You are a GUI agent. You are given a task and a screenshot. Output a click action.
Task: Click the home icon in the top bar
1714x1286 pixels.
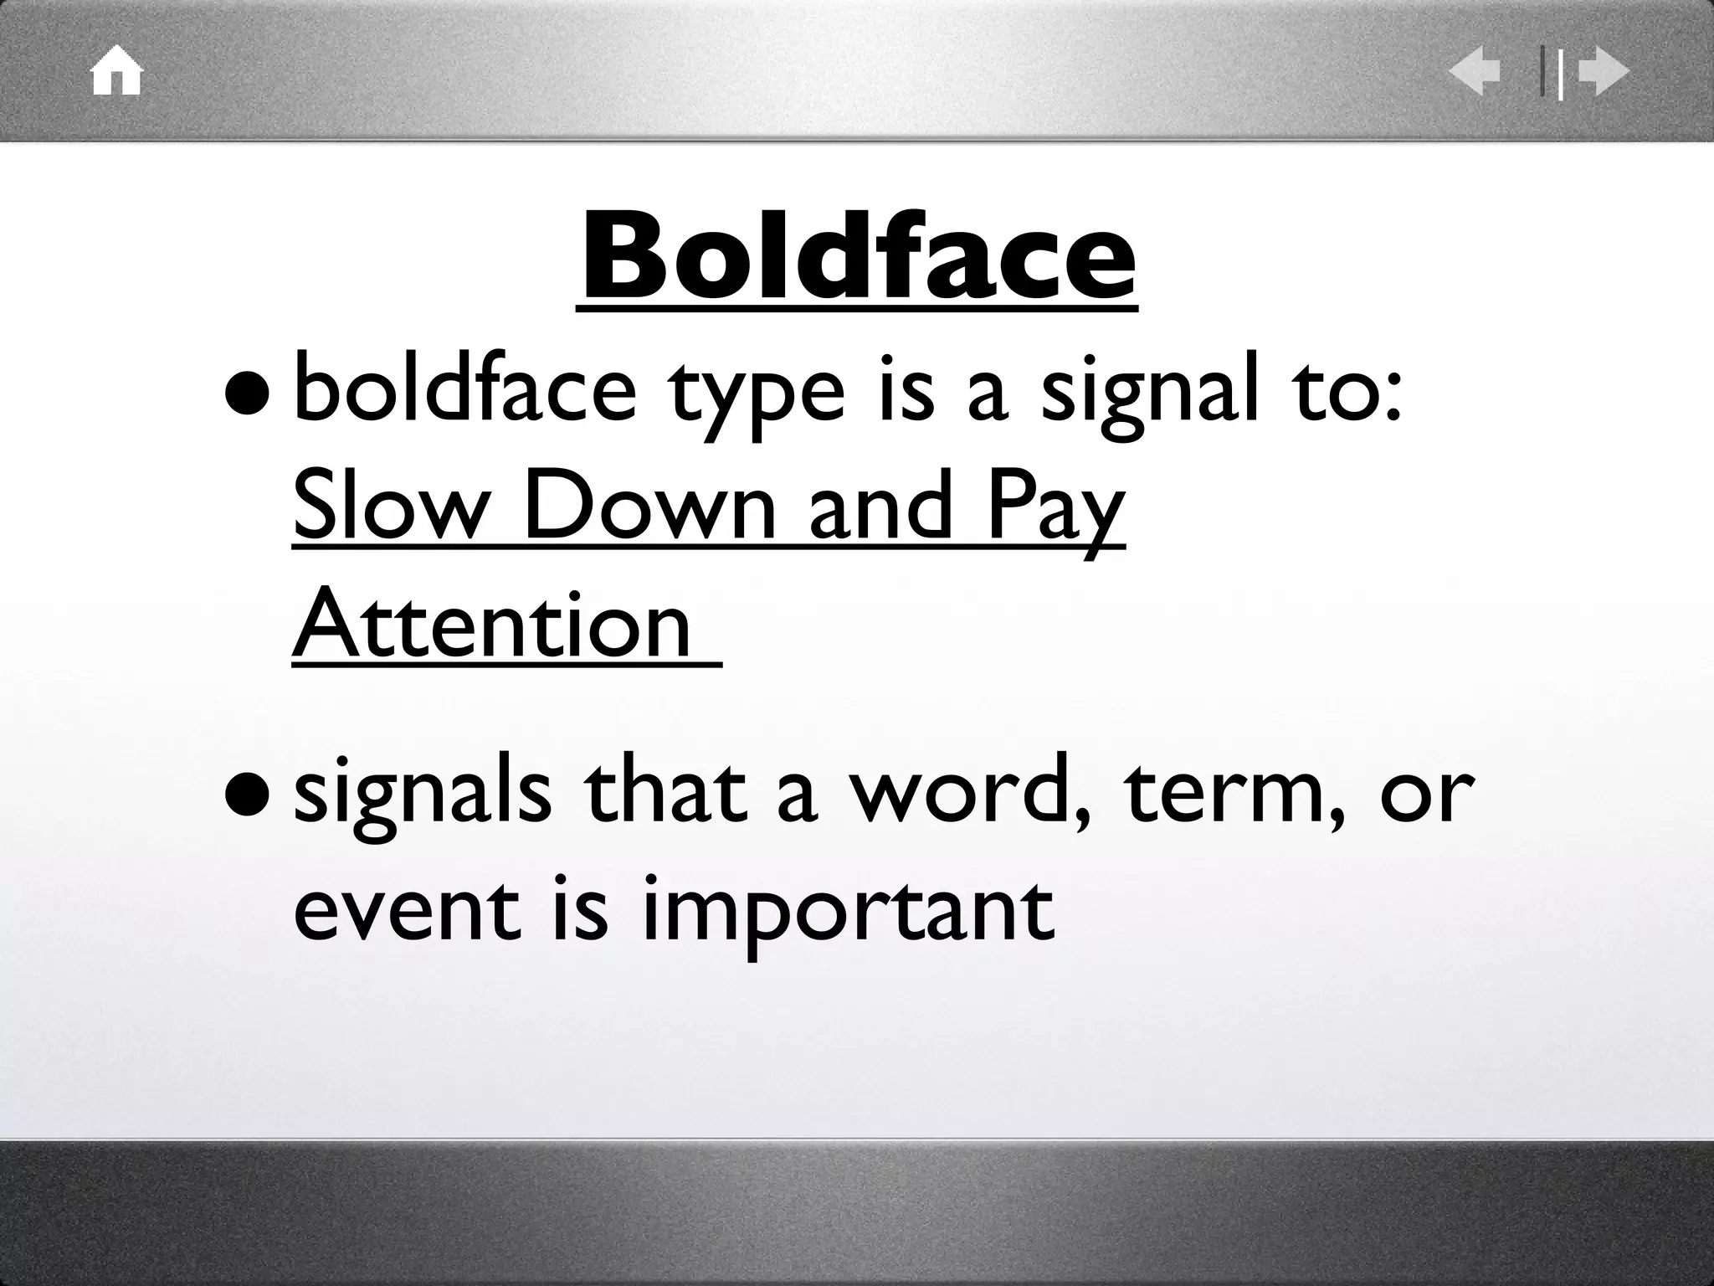(117, 73)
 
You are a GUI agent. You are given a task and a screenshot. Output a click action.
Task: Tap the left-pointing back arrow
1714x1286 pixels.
(1475, 73)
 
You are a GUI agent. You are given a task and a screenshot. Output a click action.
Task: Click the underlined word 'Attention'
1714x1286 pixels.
(493, 625)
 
